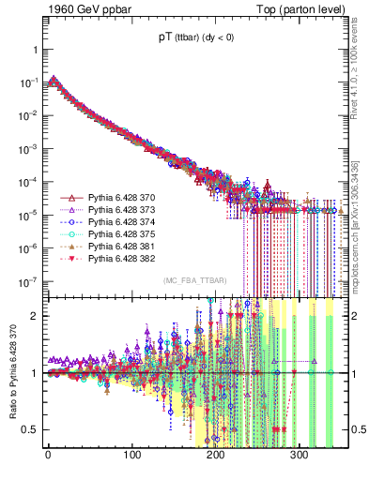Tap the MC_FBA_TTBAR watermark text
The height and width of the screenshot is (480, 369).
(193, 281)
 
